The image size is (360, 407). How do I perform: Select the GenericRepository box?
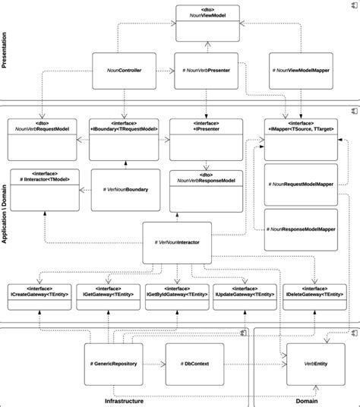pyautogui.click(x=115, y=364)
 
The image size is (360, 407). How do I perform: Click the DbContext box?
pyautogui.click(x=195, y=364)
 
